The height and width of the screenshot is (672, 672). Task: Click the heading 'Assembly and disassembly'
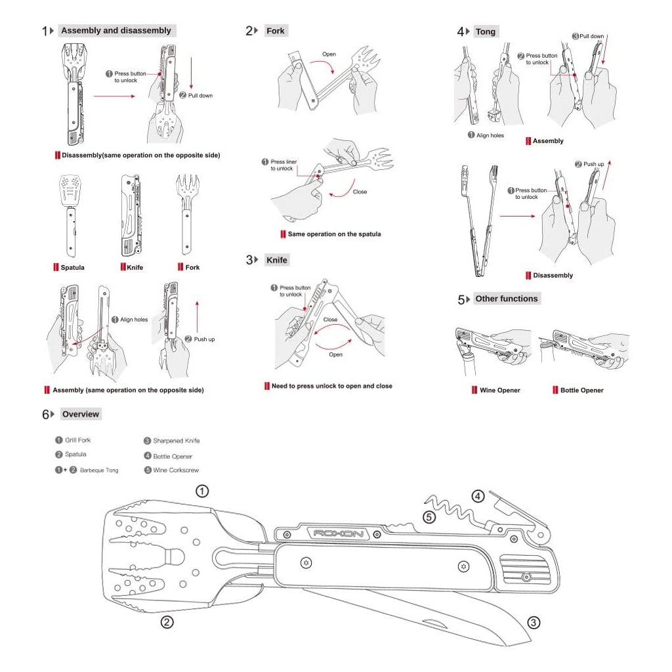coord(115,30)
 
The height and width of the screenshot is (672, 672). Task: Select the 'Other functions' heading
coord(506,299)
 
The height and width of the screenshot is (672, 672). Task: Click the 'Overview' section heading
coord(81,414)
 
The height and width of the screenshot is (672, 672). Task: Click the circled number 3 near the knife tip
coord(534,622)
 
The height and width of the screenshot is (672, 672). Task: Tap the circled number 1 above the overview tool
coord(203,491)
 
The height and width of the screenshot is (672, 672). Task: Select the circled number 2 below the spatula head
coord(167,622)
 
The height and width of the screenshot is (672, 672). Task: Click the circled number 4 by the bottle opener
coord(478,496)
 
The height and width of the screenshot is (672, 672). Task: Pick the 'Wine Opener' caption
coord(499,390)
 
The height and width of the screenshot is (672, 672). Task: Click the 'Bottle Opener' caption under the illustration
coord(581,390)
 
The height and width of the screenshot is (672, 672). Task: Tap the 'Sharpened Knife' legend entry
coord(176,441)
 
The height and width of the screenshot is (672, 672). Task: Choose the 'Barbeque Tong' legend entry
coord(99,471)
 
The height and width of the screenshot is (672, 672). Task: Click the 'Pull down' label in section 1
coord(200,96)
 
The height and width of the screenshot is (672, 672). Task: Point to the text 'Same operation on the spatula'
coord(334,234)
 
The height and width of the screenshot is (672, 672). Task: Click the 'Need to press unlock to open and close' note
coord(331,386)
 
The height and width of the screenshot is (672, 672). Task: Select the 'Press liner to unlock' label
coord(283,165)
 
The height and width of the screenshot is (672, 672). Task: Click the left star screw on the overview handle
coord(305,563)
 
